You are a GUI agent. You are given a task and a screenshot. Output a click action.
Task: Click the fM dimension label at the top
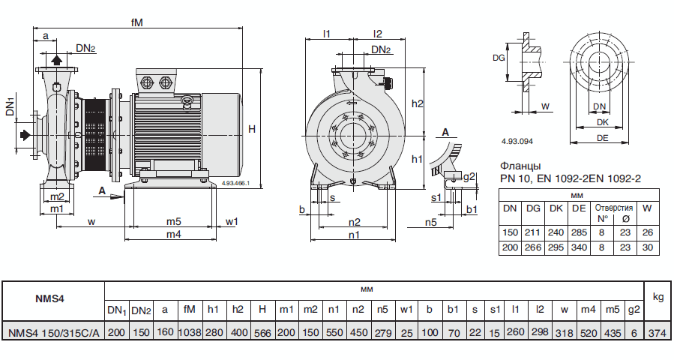[136, 22]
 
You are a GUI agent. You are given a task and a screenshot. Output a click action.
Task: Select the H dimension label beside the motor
[252, 129]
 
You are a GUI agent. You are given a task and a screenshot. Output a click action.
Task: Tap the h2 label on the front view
[418, 103]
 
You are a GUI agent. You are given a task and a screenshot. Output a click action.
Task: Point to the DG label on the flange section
[499, 57]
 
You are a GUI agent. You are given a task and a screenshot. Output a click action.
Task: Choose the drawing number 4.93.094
[517, 141]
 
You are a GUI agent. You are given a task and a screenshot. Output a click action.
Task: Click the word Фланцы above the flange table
[520, 166]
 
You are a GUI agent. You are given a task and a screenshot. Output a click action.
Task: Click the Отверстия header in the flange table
[613, 207]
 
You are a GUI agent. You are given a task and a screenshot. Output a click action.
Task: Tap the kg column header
[658, 297]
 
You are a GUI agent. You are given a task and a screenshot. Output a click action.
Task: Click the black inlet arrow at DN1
[25, 134]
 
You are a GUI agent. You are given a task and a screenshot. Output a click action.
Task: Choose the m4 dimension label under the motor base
[174, 234]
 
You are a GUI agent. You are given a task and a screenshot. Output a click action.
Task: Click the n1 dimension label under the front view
[354, 234]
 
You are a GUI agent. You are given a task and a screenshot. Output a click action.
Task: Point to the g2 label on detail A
[469, 176]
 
